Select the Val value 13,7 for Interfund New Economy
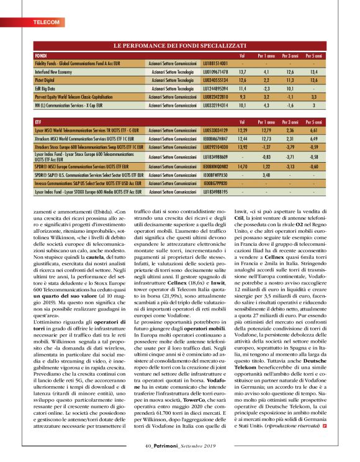(243, 72)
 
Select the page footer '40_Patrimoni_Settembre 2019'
(179, 445)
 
